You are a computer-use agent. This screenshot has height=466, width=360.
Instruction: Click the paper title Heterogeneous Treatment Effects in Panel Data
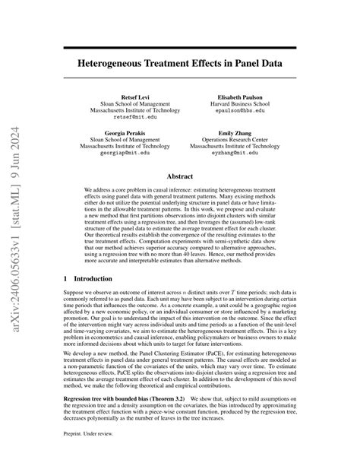pos(180,65)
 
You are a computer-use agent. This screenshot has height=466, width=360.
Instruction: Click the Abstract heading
pos(180,174)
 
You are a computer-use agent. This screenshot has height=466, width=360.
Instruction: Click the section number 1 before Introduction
pos(65,280)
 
